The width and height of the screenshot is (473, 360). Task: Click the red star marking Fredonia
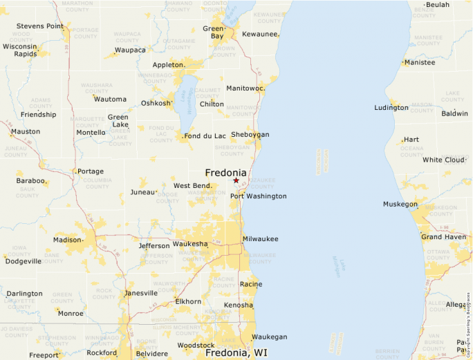tap(236, 180)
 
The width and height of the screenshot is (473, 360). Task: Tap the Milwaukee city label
tap(260, 239)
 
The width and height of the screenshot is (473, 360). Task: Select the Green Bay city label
tap(213, 32)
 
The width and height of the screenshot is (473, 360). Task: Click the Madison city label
tap(67, 240)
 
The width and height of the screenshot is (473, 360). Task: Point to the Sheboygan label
tap(250, 135)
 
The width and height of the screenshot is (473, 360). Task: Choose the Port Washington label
tap(258, 196)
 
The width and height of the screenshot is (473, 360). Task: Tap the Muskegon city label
tap(400, 205)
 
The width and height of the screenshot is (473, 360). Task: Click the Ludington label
tap(391, 108)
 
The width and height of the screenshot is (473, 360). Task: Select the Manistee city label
tap(420, 63)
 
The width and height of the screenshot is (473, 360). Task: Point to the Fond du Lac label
tap(205, 136)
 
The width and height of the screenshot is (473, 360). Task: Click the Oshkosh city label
tap(156, 104)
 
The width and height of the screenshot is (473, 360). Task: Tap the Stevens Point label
tap(40, 26)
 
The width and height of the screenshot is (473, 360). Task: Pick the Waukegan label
tap(269, 337)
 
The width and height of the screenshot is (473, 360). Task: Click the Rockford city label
tap(102, 353)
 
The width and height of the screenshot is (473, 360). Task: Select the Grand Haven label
tap(443, 237)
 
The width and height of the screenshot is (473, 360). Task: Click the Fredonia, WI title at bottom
tap(236, 353)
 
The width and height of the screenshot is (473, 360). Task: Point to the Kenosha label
tap(238, 305)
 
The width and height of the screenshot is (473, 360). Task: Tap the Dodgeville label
tap(24, 261)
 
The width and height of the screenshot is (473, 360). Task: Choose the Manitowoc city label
tap(245, 88)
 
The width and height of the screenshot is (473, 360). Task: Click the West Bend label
tap(192, 186)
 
